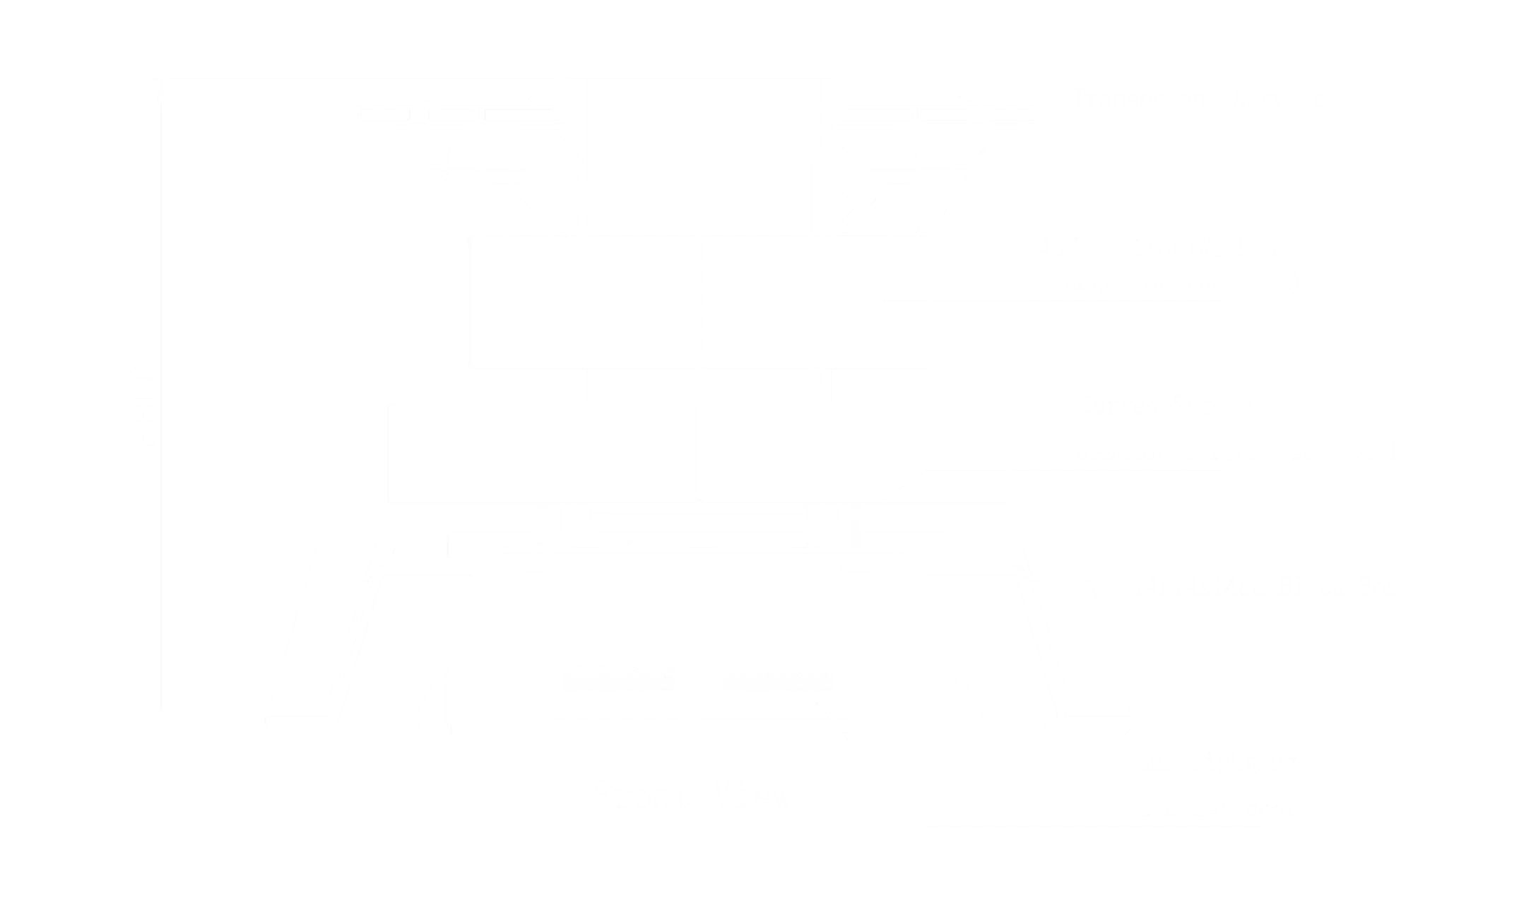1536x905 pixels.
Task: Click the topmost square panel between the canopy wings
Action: click(x=698, y=157)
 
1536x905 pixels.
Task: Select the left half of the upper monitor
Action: click(x=584, y=302)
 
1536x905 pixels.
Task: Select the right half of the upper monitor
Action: click(x=817, y=302)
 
